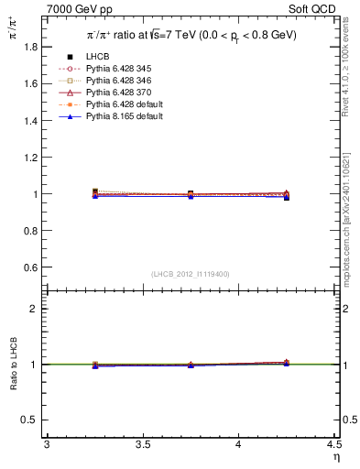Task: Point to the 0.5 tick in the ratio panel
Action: coord(36,420)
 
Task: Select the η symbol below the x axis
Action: coord(336,457)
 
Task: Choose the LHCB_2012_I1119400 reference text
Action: coord(190,273)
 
